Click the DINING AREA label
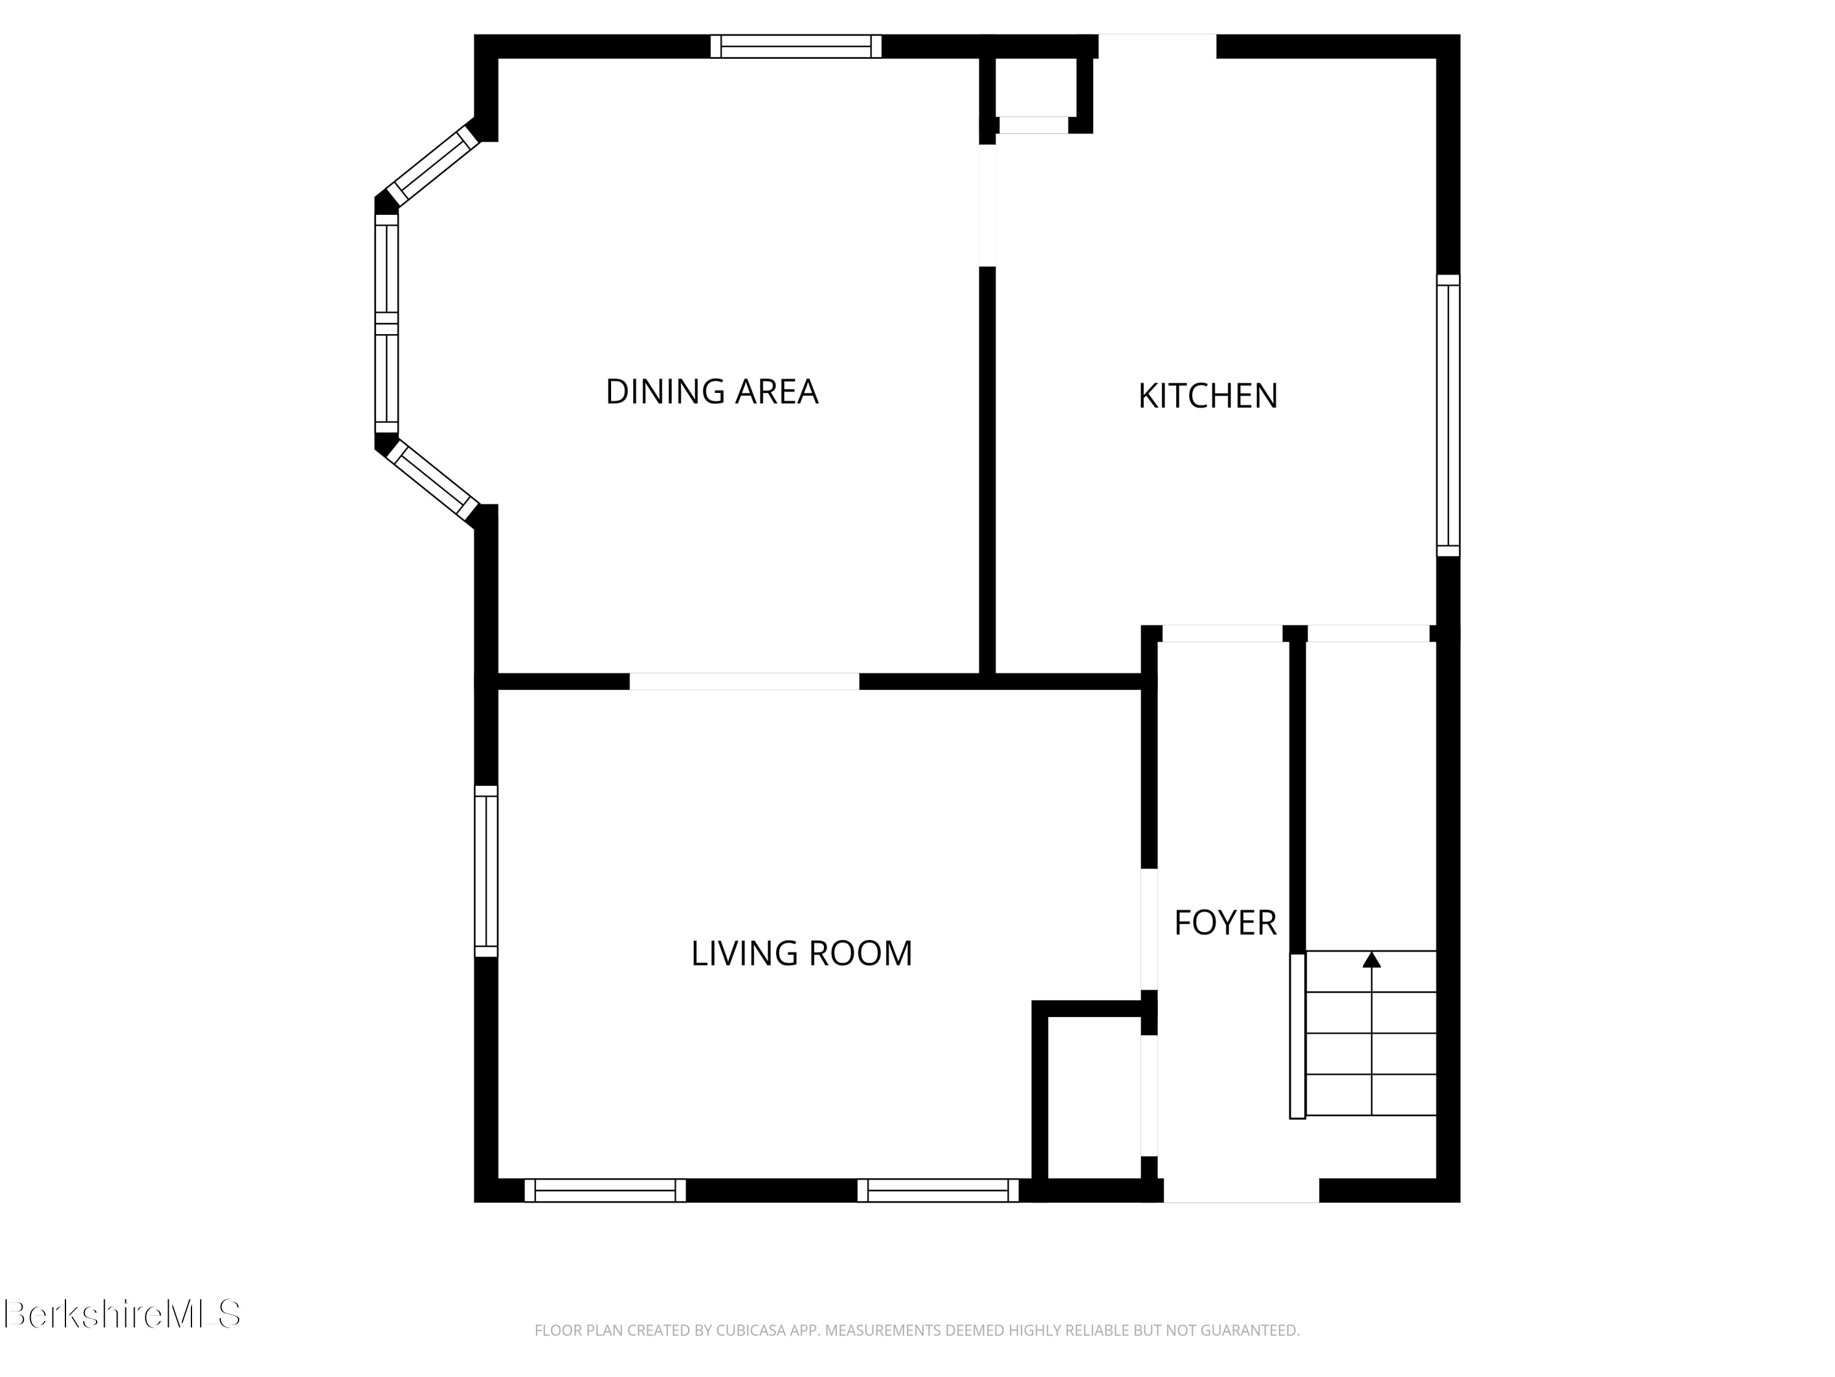click(712, 392)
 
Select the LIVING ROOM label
click(801, 953)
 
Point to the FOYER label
click(1225, 923)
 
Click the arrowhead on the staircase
click(1371, 960)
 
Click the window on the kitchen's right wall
click(1448, 415)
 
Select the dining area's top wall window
click(796, 47)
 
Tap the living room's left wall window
click(486, 871)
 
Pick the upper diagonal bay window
click(433, 166)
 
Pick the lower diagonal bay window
click(433, 480)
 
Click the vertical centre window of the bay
click(387, 324)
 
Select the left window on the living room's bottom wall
click(605, 1190)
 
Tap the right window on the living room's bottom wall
click(938, 1190)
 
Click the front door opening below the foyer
click(1240, 1190)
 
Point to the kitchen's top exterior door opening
click(1157, 47)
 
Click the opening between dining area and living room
click(744, 681)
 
